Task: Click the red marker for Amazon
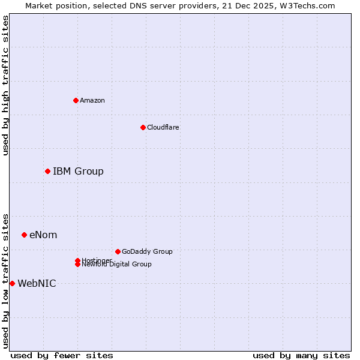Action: pos(76,100)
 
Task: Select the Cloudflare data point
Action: pos(143,127)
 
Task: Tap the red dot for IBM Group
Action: pos(47,172)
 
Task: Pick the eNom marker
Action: pos(24,235)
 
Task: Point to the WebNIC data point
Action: pos(12,283)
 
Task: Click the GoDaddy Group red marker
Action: pos(118,251)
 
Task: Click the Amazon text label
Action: pos(92,100)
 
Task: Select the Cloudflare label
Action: pos(163,127)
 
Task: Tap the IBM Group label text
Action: pos(78,172)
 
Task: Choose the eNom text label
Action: pos(43,235)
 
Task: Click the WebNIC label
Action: pos(37,283)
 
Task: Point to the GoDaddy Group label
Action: pos(147,251)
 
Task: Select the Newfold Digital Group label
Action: pos(116,265)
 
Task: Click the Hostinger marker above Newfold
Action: pos(77,260)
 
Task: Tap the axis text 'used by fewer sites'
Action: pos(62,355)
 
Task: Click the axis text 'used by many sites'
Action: pos(301,355)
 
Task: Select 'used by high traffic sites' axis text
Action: pos(6,85)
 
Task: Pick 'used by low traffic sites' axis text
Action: pos(6,280)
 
